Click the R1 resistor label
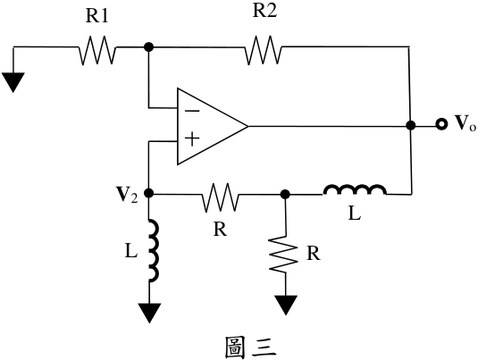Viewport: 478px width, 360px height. click(x=97, y=16)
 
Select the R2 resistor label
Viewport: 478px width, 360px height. click(x=264, y=12)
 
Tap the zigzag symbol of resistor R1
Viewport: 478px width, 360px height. click(x=97, y=50)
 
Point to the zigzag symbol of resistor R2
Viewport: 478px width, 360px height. click(x=263, y=50)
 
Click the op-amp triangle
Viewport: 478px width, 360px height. click(x=212, y=127)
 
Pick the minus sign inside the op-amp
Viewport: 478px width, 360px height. click(x=192, y=111)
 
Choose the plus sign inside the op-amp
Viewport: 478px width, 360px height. click(x=192, y=139)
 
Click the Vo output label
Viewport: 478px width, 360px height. click(x=465, y=123)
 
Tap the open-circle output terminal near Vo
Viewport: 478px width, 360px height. click(x=440, y=124)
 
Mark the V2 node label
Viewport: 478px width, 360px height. click(x=127, y=195)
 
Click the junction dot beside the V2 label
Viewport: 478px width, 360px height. click(x=149, y=193)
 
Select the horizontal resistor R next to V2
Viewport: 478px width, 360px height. click(x=220, y=197)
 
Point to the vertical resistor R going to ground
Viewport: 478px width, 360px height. click(x=284, y=254)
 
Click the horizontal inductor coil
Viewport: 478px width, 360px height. click(x=355, y=189)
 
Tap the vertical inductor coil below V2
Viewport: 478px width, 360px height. click(x=154, y=250)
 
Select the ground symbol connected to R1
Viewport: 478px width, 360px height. click(x=13, y=81)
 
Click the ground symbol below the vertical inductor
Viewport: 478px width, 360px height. click(x=149, y=313)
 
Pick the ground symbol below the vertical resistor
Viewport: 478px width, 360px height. click(x=286, y=305)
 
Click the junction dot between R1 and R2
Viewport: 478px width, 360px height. click(x=149, y=47)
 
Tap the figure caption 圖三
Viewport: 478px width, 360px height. click(x=251, y=347)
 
